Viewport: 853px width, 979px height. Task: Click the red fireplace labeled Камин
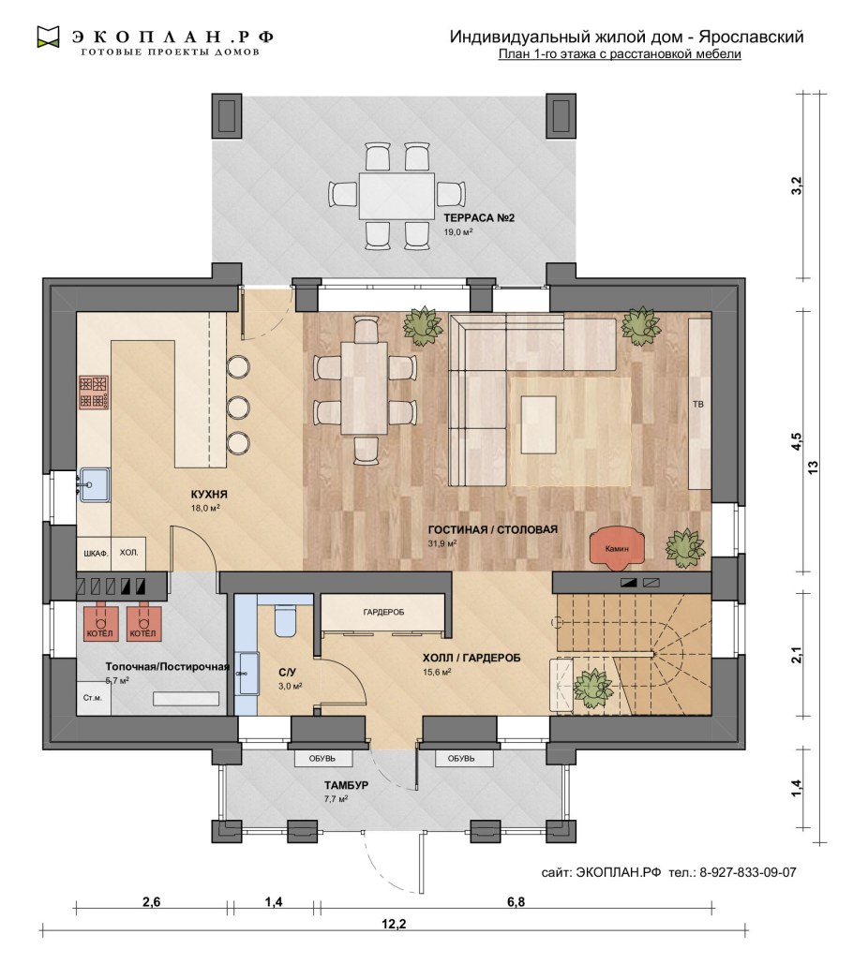point(618,547)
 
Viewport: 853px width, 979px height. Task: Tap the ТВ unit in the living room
point(699,404)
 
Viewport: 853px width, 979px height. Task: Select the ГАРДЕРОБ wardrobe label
point(383,613)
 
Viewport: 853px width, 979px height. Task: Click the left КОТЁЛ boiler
point(100,622)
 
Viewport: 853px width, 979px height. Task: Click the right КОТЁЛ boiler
point(143,622)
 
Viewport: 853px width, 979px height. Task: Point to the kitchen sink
point(94,484)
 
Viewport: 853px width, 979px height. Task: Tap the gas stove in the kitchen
point(94,393)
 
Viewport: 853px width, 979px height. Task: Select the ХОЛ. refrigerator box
point(128,553)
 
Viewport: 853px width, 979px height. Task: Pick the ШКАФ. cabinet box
point(95,553)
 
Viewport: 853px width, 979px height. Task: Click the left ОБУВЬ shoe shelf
point(322,758)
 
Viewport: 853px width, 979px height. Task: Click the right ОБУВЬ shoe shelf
point(461,758)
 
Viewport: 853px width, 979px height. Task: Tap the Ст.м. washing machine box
point(94,698)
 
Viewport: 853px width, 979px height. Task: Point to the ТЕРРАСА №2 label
point(479,218)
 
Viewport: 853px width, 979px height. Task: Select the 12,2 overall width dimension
point(394,924)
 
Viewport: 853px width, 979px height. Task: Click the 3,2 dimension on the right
point(796,185)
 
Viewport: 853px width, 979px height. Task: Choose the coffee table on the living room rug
point(539,424)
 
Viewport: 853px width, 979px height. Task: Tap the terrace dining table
point(397,196)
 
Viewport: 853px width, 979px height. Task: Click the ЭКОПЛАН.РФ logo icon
point(48,37)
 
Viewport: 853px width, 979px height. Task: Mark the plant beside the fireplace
point(685,548)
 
